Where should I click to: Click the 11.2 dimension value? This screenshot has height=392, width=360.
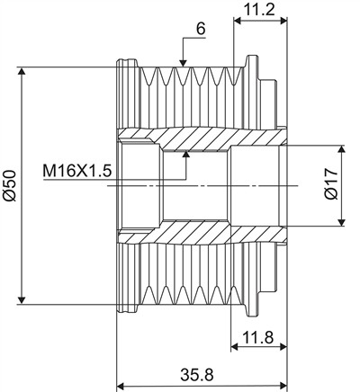click(258, 10)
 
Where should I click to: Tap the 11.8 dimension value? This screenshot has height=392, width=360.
click(257, 338)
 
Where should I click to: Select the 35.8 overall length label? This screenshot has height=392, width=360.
click(197, 375)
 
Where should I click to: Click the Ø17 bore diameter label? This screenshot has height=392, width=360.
click(331, 183)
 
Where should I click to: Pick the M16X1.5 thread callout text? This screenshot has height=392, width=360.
click(77, 171)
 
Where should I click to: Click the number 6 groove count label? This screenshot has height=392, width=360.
click(201, 29)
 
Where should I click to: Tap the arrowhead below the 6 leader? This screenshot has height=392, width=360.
click(183, 63)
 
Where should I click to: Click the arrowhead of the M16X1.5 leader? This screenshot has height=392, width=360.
click(186, 155)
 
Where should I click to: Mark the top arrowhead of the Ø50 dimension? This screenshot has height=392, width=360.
click(22, 71)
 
